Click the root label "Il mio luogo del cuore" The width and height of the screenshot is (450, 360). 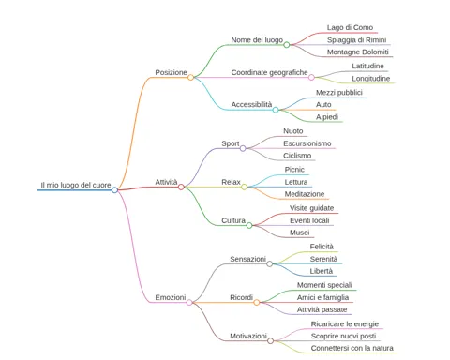pos(76,185)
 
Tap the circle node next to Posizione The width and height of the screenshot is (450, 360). pos(190,77)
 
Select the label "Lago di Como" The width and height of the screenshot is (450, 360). pos(350,27)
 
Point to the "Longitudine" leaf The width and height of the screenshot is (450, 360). pos(371,79)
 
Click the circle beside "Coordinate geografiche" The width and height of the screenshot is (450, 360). pos(311,77)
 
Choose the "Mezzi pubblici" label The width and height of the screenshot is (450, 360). pos(339,93)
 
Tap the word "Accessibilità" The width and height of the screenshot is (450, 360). pos(251,104)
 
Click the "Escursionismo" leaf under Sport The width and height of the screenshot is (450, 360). pos(307,143)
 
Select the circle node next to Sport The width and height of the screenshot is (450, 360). pos(243,148)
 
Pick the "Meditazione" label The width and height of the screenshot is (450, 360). pos(305,194)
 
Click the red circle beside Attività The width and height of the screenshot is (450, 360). pos(181,187)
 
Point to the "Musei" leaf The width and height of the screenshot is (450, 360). pos(300,232)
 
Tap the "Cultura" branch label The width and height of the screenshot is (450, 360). pos(233,220)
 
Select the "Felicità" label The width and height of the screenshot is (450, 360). pos(322,247)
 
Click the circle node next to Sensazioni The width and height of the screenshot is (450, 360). pos(269,263)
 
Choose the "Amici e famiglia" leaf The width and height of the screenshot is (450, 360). pos(322,297)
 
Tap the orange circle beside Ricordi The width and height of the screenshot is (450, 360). pos(257,302)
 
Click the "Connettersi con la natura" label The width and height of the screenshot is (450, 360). pos(352,348)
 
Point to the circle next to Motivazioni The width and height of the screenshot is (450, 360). pos(271,340)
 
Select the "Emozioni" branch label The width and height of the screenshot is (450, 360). pos(171,297)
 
